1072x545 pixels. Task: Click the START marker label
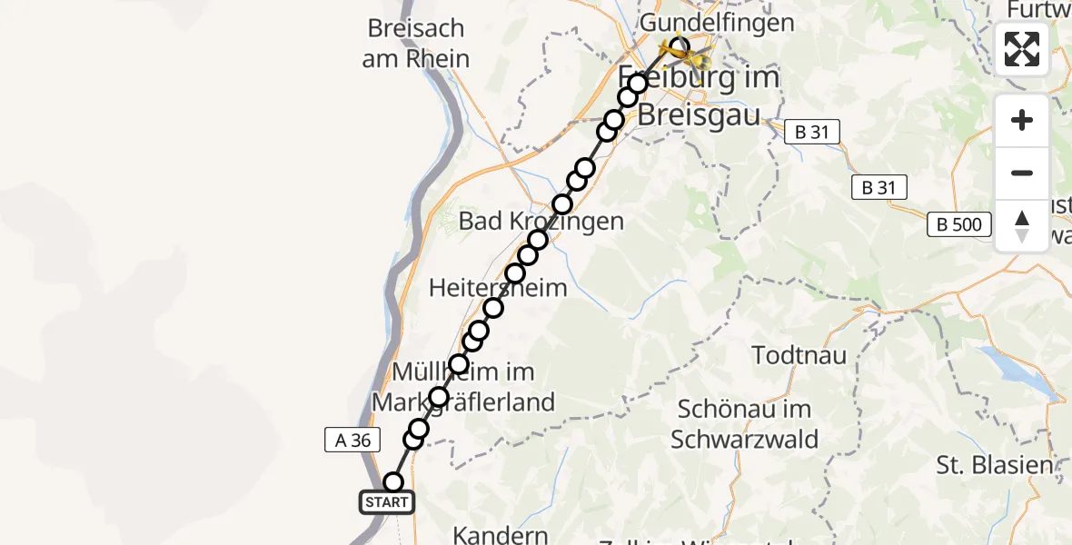click(387, 502)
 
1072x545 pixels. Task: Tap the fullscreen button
click(1022, 49)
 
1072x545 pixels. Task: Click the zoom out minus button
click(1022, 173)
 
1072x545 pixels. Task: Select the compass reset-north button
click(1022, 226)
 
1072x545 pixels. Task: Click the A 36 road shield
click(352, 441)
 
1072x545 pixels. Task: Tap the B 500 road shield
click(961, 223)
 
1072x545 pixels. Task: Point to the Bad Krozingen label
click(541, 221)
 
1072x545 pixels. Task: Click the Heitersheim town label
click(498, 288)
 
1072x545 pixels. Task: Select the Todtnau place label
click(800, 354)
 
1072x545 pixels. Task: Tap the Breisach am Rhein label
click(418, 44)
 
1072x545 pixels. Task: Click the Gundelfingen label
click(717, 23)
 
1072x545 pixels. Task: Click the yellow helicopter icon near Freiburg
click(698, 60)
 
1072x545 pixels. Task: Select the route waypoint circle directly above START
click(393, 482)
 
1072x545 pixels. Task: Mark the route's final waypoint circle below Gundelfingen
click(679, 45)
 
